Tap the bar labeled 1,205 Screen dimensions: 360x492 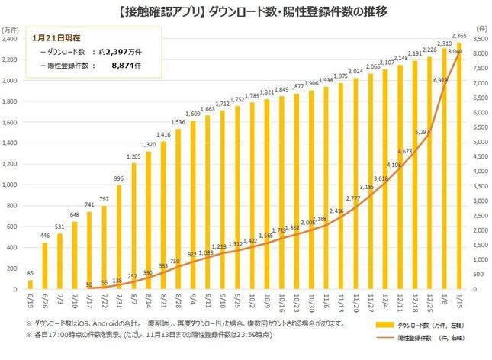click(x=133, y=226)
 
